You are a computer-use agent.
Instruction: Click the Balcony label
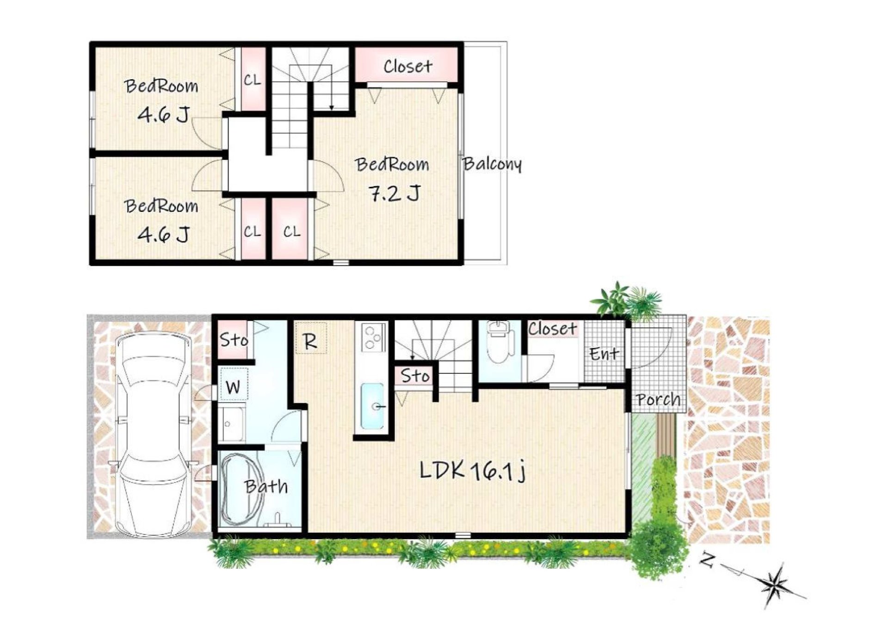(492, 164)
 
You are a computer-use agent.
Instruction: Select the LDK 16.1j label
(473, 471)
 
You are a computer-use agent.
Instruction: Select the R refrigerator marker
(311, 342)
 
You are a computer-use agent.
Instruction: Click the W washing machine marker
(234, 386)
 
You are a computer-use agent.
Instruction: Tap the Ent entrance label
(604, 354)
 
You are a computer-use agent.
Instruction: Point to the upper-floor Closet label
(407, 66)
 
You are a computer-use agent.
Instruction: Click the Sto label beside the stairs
(415, 375)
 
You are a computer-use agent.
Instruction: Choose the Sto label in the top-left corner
(234, 340)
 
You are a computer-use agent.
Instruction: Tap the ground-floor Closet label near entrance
(553, 329)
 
